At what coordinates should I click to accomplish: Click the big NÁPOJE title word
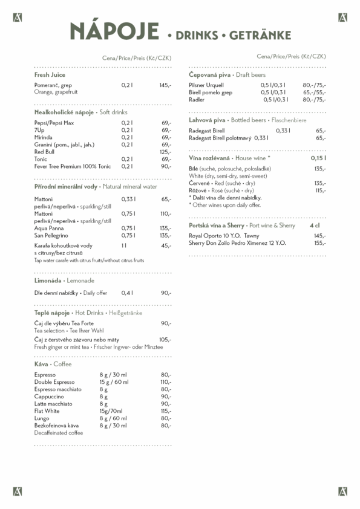(x=114, y=31)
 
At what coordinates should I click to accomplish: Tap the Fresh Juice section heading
(x=50, y=75)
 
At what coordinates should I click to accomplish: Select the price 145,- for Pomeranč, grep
(x=165, y=85)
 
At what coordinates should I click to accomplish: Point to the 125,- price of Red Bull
(x=165, y=152)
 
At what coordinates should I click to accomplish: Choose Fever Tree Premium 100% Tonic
(x=73, y=166)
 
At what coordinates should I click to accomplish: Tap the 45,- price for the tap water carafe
(x=166, y=246)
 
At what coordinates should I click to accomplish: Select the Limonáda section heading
(x=48, y=280)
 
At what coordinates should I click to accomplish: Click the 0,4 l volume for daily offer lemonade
(x=126, y=293)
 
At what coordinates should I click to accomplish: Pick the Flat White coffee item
(x=47, y=411)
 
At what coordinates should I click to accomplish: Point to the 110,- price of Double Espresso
(x=165, y=382)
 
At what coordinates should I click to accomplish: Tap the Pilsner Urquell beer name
(x=206, y=85)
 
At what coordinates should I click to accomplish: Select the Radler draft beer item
(x=197, y=100)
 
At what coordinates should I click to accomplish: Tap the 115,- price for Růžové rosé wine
(x=320, y=190)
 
